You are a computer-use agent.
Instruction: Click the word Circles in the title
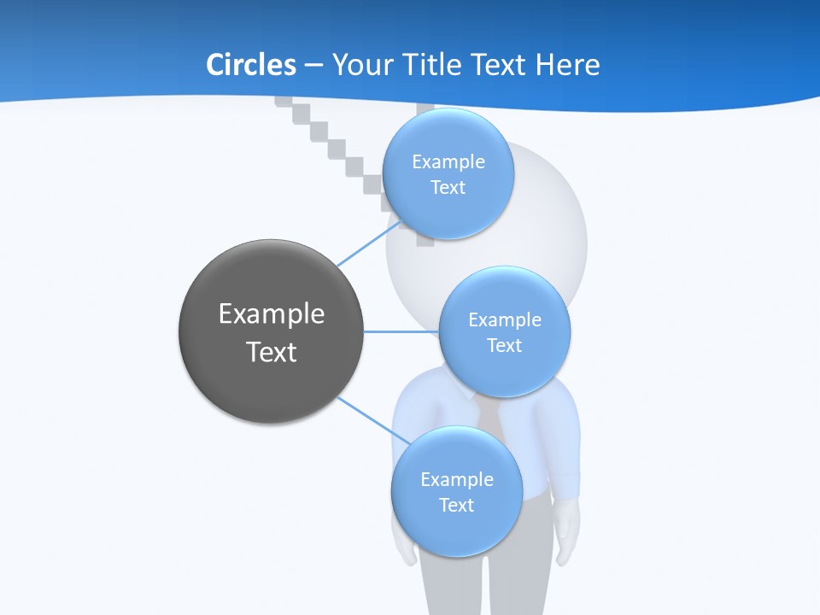(x=250, y=65)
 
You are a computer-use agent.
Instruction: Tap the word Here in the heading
(x=568, y=65)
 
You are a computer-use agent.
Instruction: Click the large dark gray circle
(x=272, y=331)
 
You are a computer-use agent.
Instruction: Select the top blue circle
(x=448, y=174)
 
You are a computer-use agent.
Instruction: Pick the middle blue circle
(x=505, y=331)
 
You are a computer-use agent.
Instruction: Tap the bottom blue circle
(x=456, y=492)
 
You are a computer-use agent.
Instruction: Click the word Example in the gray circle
(x=272, y=313)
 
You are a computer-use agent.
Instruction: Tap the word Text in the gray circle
(x=272, y=352)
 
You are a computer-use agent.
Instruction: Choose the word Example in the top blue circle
(x=448, y=161)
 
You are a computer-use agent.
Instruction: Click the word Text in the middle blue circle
(x=504, y=345)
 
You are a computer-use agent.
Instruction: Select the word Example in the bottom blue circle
(x=457, y=479)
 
